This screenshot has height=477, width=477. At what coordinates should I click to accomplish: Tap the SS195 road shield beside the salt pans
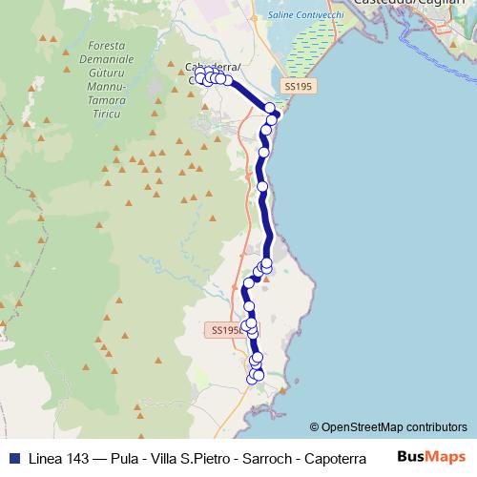coord(298,87)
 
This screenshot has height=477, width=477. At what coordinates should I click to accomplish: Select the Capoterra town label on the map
coord(212,67)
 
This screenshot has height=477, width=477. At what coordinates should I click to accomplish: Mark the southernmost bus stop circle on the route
coord(253,379)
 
